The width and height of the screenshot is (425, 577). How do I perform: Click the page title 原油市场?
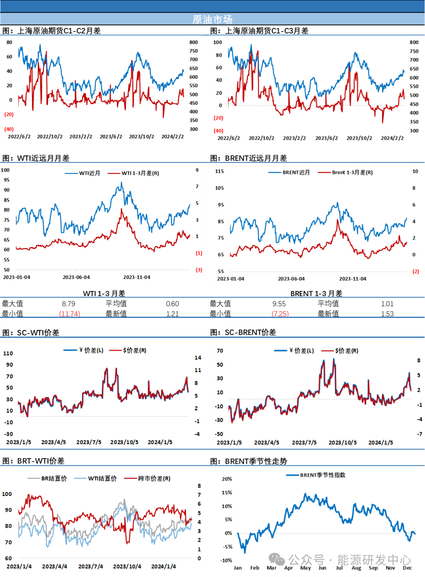pyautogui.click(x=212, y=19)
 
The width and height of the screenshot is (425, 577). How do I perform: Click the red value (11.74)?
pyautogui.click(x=70, y=313)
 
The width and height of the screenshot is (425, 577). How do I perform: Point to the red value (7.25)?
pyautogui.click(x=281, y=313)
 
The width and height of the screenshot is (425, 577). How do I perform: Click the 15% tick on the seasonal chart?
pyautogui.click(x=227, y=492)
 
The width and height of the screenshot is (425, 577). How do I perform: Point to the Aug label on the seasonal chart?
pyautogui.click(x=356, y=568)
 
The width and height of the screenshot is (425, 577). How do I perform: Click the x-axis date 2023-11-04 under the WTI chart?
pyautogui.click(x=137, y=277)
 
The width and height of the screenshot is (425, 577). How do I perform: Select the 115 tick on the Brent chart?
pyautogui.click(x=220, y=171)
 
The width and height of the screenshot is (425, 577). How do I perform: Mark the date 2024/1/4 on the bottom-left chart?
pyautogui.click(x=163, y=566)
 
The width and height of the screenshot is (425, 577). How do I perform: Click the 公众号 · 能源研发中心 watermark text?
pyautogui.click(x=349, y=560)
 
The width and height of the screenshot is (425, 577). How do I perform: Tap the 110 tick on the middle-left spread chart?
pyautogui.click(x=8, y=353)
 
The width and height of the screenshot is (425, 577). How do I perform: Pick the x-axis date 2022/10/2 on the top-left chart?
pyautogui.click(x=50, y=136)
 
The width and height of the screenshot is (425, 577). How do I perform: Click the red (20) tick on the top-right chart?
pyautogui.click(x=218, y=118)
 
